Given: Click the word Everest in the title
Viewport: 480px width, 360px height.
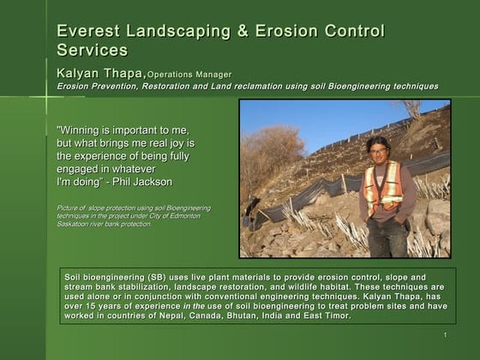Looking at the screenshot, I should [86, 32].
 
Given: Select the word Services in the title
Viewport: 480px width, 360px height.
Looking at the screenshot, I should [92, 51].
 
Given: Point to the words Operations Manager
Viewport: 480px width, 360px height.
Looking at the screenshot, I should [189, 75].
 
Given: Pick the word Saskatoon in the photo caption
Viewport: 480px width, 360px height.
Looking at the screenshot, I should [76, 225].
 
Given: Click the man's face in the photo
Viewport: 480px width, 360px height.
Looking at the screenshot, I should [377, 147].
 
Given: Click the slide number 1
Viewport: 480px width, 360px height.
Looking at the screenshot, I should [446, 334].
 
